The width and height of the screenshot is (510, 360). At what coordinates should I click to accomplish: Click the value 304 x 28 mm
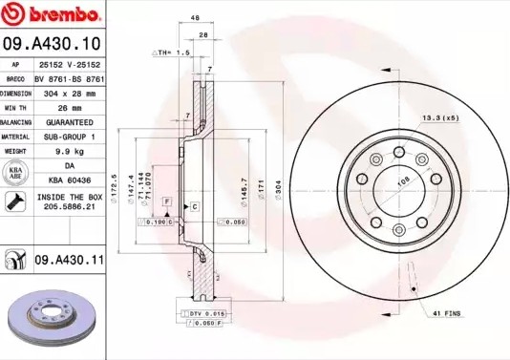coord(71,95)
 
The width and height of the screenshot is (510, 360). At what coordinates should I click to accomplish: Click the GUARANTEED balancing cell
coord(71,123)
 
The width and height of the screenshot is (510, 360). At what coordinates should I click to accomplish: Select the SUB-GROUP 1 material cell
coord(71,137)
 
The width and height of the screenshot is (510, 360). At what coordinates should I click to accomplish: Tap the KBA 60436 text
coord(71,180)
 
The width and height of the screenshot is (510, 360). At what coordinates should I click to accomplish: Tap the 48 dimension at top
coord(195,18)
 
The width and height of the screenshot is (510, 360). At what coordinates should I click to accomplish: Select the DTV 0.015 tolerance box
coord(202,313)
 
